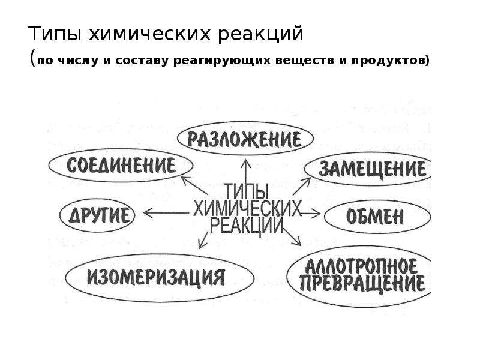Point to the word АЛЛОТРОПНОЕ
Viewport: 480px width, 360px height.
click(x=361, y=266)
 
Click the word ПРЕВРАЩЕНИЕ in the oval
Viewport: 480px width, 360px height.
click(x=362, y=283)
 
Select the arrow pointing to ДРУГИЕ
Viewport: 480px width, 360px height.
click(x=166, y=213)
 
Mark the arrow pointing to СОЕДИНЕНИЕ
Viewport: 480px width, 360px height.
click(x=194, y=185)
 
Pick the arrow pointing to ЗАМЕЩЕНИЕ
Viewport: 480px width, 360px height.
click(x=302, y=186)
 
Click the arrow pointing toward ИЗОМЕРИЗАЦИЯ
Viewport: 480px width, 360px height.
click(x=203, y=240)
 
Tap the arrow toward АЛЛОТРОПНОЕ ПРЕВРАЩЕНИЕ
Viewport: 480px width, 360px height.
click(x=292, y=237)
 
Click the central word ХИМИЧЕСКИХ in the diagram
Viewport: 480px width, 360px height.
click(x=247, y=209)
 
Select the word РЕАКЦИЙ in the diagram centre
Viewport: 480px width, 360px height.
click(x=247, y=226)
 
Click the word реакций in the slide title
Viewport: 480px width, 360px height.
click(x=260, y=34)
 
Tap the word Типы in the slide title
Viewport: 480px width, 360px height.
click(x=55, y=34)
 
